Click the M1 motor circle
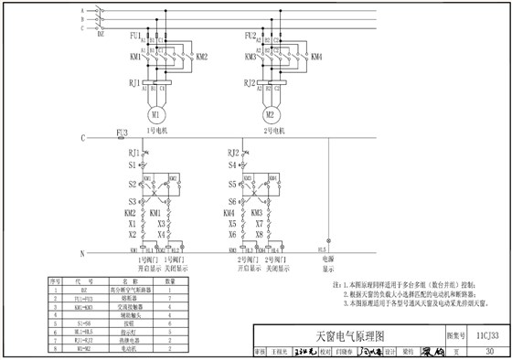[155, 115]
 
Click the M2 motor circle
[270, 115]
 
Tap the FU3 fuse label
[123, 133]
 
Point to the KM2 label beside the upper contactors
[202, 57]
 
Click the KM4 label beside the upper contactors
[316, 57]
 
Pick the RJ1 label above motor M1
[134, 82]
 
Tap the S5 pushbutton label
[232, 184]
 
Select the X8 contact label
[259, 235]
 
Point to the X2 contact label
[132, 235]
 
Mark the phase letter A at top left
[82, 9]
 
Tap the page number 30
[490, 351]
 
